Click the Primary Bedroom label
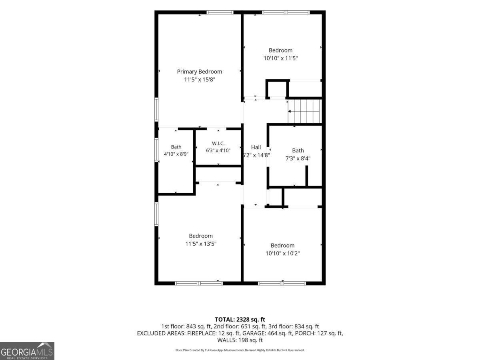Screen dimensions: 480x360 (x=200, y=72)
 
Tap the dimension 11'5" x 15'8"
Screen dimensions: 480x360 (x=200, y=79)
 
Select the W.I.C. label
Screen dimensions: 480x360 (x=218, y=143)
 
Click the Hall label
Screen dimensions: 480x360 (x=256, y=147)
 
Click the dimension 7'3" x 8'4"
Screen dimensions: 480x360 (x=298, y=158)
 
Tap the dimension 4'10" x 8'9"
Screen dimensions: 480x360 (x=176, y=154)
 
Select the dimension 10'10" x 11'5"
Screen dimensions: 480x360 (x=280, y=58)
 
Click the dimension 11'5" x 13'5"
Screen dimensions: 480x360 (x=201, y=244)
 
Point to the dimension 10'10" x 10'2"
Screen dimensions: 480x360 (x=282, y=253)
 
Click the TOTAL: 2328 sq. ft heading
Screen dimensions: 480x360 (x=240, y=320)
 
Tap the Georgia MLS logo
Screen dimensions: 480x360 (x=27, y=351)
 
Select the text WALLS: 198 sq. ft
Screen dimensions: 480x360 (x=240, y=340)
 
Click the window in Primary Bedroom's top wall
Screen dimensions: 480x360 (x=220, y=12)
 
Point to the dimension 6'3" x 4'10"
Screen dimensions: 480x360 (x=218, y=150)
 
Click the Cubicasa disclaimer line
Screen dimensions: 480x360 (x=240, y=350)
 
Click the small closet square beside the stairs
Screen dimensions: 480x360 (x=277, y=89)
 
